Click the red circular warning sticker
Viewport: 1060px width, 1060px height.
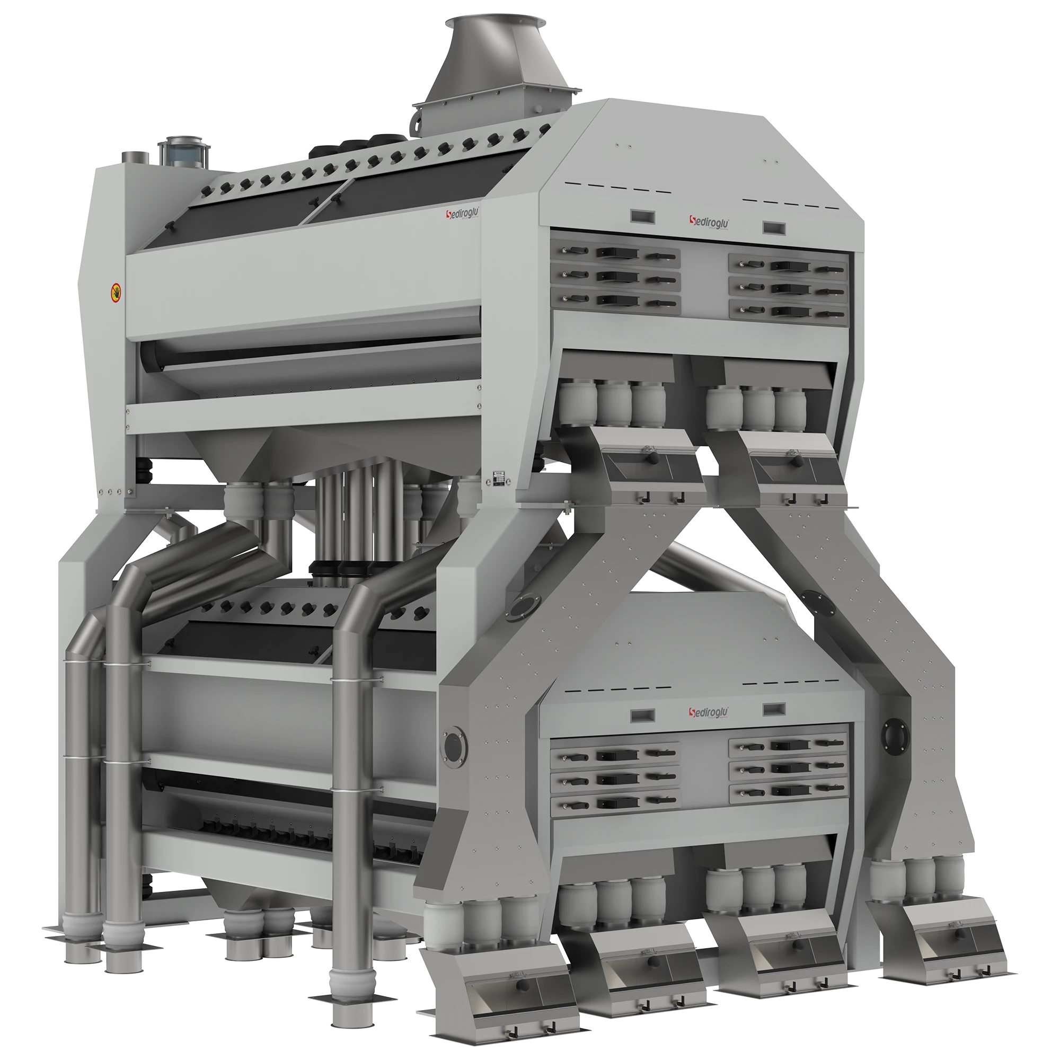116,293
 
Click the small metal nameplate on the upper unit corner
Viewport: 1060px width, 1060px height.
500,478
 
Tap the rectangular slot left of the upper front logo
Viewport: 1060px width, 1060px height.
642,216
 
